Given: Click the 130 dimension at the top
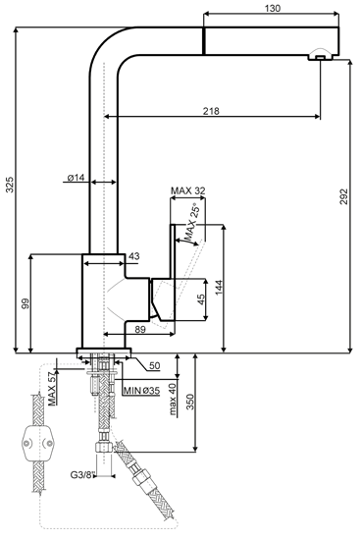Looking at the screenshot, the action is [x=273, y=8].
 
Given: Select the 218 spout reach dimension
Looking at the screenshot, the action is [x=211, y=111].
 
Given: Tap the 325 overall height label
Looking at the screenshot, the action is [x=10, y=185].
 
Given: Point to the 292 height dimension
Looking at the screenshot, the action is [x=344, y=196].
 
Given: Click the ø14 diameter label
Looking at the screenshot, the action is [x=76, y=178].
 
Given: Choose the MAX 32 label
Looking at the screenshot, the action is [x=188, y=190].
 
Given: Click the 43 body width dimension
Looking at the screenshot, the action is [x=134, y=256].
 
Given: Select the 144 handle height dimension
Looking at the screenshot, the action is [x=219, y=288].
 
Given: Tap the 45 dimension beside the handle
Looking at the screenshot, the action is [x=202, y=299].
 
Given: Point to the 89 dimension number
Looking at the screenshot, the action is [x=139, y=330].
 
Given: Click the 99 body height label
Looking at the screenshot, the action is [x=26, y=303].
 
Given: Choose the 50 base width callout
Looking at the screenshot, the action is [x=155, y=365].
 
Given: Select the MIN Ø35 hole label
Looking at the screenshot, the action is [x=141, y=391].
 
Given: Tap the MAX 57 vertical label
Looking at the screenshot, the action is [x=51, y=389].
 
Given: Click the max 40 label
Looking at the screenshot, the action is [x=173, y=399].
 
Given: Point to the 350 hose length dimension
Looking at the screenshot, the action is [x=190, y=402].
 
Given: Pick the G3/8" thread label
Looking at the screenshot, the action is [x=82, y=475].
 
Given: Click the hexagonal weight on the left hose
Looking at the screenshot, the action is [x=38, y=443].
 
